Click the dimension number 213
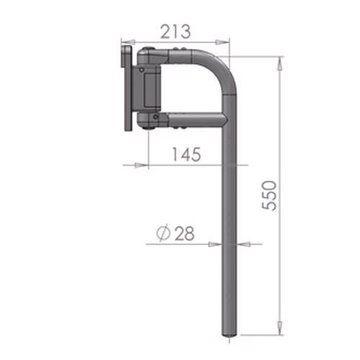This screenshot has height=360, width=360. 176,31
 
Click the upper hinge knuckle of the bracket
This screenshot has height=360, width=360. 150,57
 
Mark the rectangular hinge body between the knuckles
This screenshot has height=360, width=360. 152,88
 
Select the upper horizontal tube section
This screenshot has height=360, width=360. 191,57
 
